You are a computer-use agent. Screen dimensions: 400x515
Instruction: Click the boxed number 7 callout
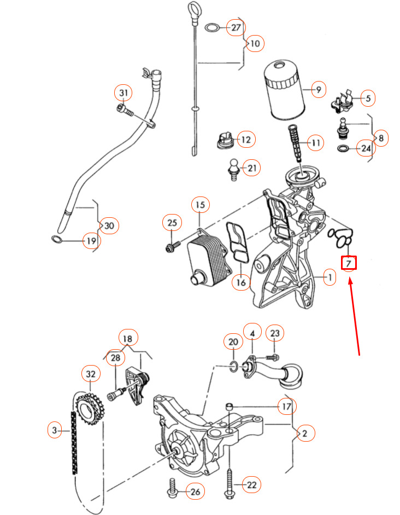coord(349,263)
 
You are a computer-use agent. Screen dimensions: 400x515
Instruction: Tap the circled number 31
coord(123,93)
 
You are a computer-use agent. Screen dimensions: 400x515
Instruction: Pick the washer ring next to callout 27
coord(213,27)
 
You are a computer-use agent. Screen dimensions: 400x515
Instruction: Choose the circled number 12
coord(246,140)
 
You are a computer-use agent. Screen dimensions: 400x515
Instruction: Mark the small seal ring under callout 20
coord(233,367)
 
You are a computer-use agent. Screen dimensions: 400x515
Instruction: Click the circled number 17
coord(287,407)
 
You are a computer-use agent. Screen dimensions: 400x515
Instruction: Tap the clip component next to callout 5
coord(342,101)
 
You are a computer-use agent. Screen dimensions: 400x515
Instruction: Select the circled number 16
coord(241,282)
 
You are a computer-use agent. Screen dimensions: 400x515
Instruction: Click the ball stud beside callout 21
coord(233,169)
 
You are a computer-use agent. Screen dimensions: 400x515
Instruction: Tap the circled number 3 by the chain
coord(55,430)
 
